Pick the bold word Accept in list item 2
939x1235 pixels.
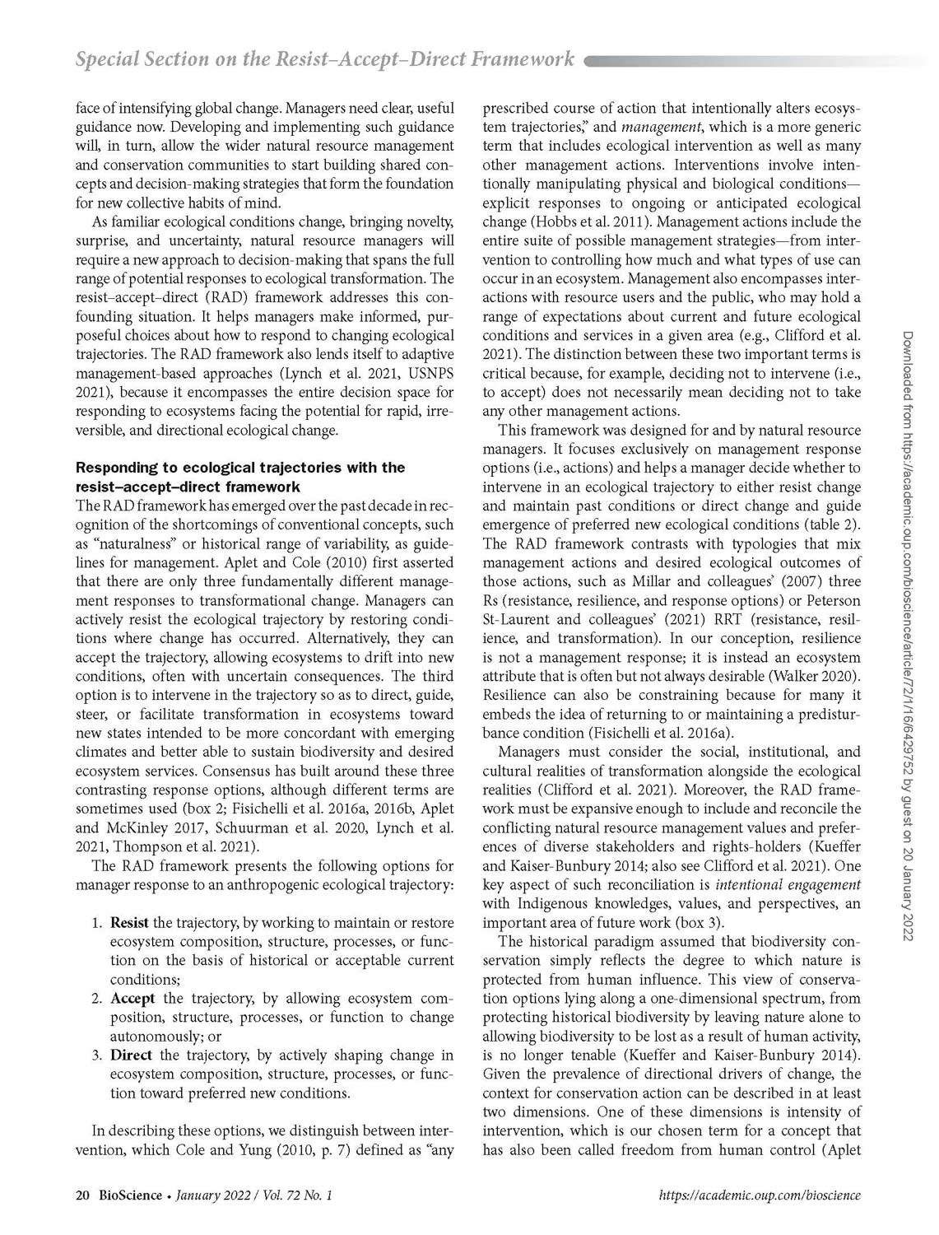pyautogui.click(x=132, y=998)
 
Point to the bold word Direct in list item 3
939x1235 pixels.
pyautogui.click(x=131, y=1055)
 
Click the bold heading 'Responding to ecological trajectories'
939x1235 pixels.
pyautogui.click(x=239, y=468)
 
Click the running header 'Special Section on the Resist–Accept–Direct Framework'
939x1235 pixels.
pyautogui.click(x=324, y=58)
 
